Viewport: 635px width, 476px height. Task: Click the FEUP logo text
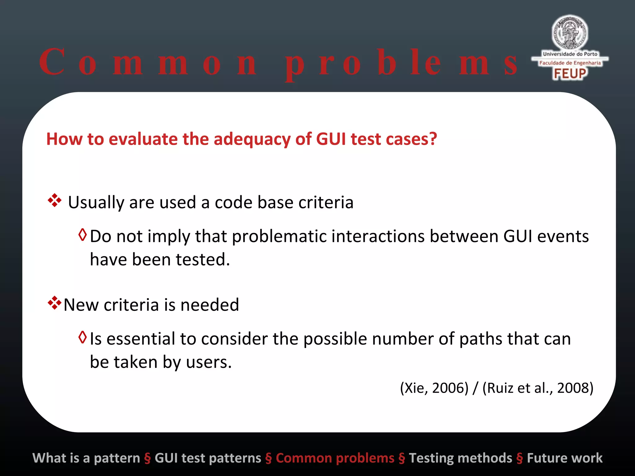[x=570, y=74]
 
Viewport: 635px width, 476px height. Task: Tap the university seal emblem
[x=570, y=33]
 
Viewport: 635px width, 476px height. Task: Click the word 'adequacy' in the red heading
[x=252, y=139]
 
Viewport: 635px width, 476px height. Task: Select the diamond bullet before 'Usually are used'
[x=55, y=201]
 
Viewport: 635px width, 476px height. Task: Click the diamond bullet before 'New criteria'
[x=54, y=303]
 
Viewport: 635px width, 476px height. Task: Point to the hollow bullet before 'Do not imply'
[x=82, y=235]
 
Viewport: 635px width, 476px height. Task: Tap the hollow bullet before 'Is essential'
[x=82, y=337]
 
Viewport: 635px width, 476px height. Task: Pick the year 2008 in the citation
[x=574, y=388]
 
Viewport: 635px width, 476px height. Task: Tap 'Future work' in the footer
[x=565, y=458]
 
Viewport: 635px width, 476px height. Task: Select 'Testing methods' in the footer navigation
[x=460, y=458]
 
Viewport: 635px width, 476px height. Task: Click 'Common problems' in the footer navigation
[x=335, y=458]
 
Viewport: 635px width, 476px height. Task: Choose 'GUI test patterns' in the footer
[x=208, y=458]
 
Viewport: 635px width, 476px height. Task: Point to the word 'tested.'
[x=203, y=260]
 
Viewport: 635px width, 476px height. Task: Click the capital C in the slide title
[x=52, y=62]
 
